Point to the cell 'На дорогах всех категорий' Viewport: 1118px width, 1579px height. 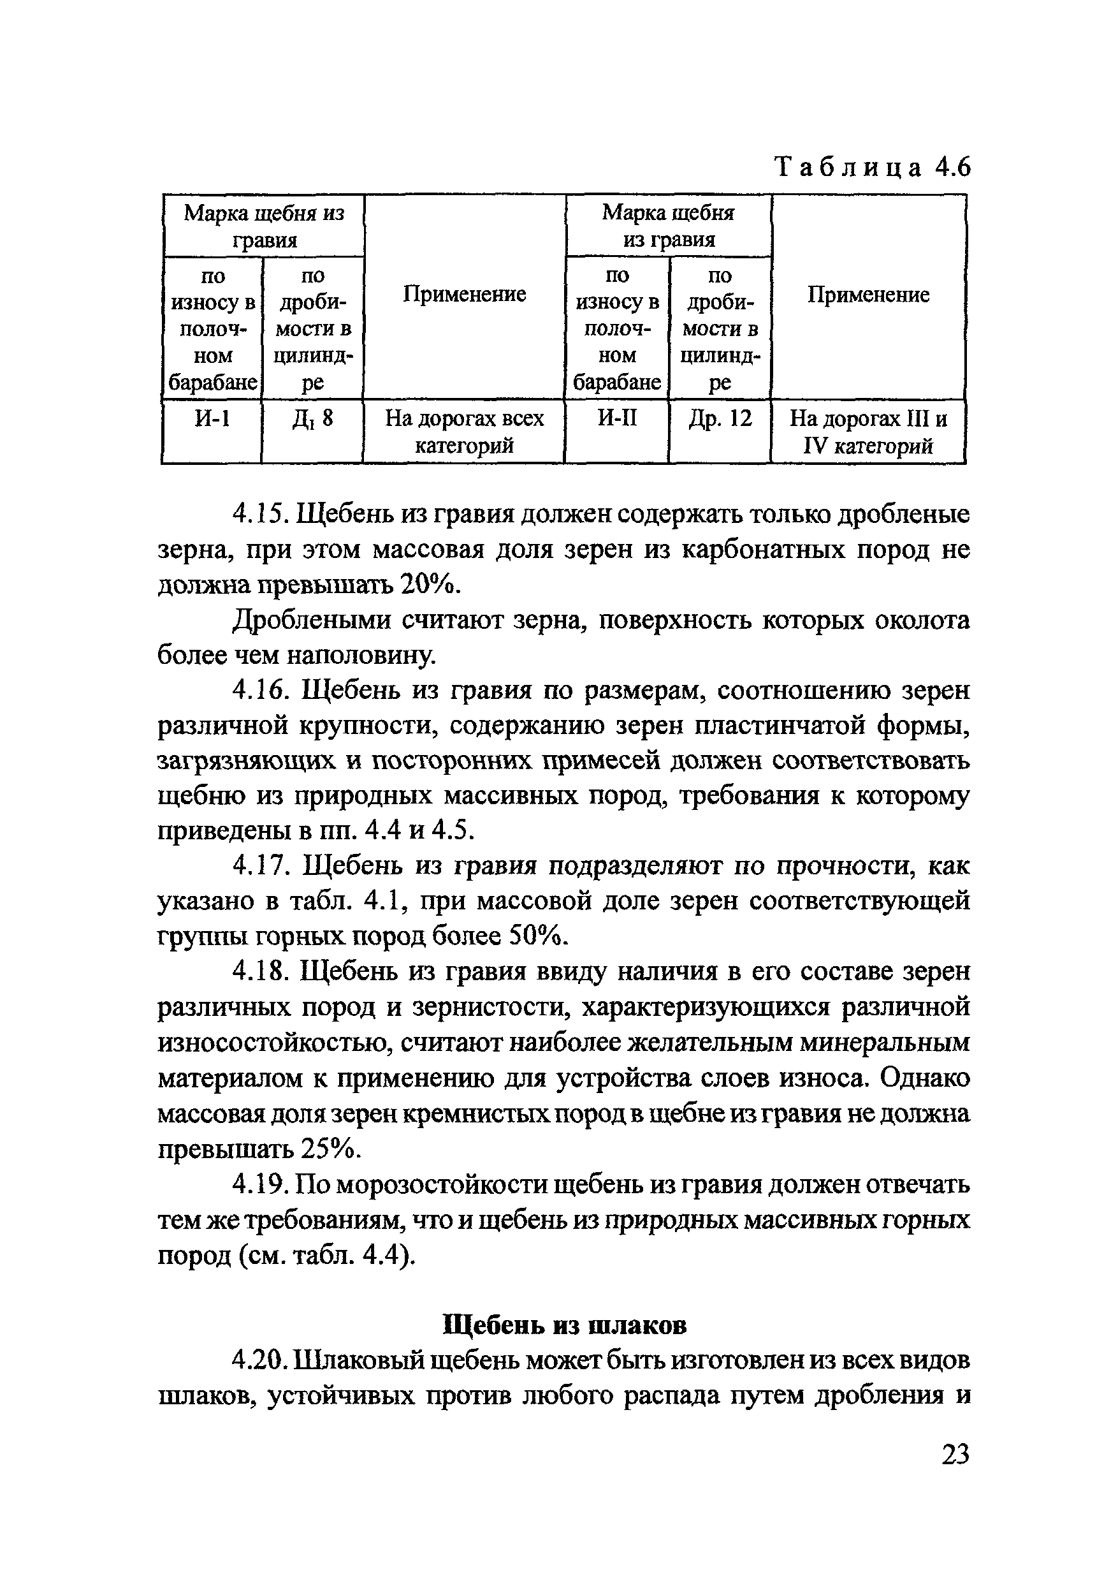(x=464, y=432)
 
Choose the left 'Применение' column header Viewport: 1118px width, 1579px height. (x=464, y=295)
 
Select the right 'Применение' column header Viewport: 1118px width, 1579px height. (x=868, y=295)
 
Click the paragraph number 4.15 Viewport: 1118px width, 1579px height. (x=259, y=514)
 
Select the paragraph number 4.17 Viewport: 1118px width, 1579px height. (x=259, y=865)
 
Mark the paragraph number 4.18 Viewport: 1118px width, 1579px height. (x=259, y=972)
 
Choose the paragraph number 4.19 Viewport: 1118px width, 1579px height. (x=259, y=1184)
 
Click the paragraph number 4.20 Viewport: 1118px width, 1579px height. (x=259, y=1360)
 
